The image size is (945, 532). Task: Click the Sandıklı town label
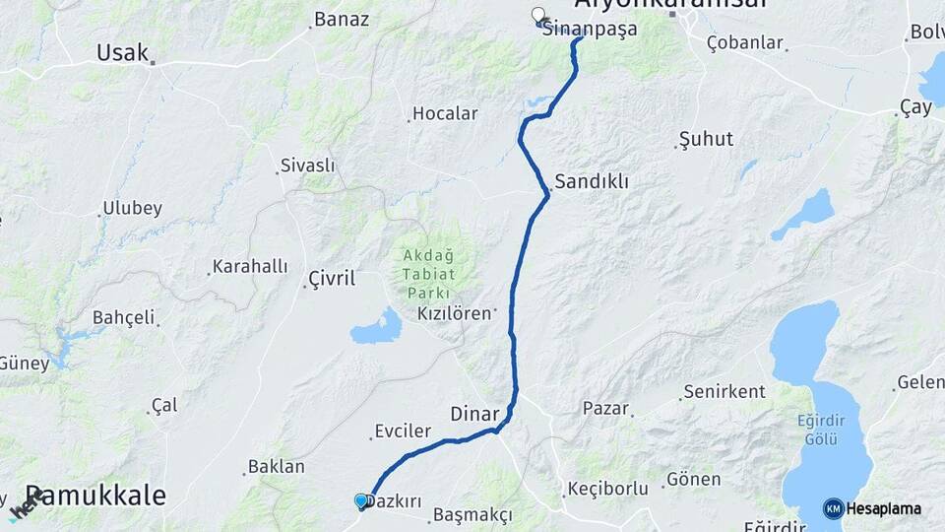(591, 181)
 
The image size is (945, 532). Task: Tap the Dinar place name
(475, 413)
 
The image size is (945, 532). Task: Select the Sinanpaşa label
(591, 29)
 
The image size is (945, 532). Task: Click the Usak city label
(122, 52)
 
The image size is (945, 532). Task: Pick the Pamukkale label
(94, 495)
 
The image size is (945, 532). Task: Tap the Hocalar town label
(445, 113)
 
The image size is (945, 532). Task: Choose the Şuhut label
(707, 139)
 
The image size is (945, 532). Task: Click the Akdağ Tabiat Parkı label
(426, 274)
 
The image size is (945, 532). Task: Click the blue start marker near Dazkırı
(361, 501)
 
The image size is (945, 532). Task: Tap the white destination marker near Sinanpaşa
(537, 15)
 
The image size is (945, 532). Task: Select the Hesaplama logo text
(884, 509)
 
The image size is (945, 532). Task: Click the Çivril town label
(331, 279)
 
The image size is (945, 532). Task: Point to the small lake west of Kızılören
(376, 327)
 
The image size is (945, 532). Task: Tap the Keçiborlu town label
(607, 489)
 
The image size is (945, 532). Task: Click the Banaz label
(342, 19)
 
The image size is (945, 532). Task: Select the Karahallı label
(250, 267)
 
